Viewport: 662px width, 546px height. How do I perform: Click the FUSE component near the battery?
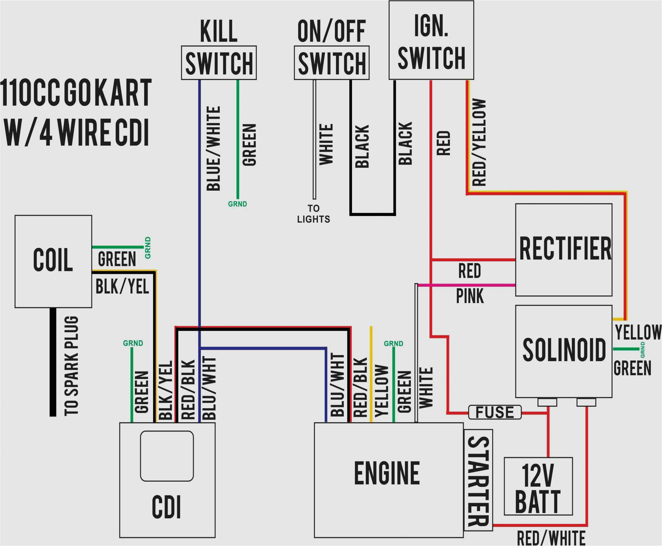(x=495, y=412)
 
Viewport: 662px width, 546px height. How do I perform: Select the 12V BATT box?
(x=538, y=486)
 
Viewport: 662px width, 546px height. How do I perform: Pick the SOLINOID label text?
(x=564, y=350)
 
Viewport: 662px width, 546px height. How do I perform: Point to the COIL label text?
(x=53, y=260)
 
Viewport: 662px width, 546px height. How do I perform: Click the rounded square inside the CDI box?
(x=167, y=456)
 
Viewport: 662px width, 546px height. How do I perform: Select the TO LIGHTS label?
(x=314, y=214)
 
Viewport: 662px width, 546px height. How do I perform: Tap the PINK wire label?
(x=470, y=296)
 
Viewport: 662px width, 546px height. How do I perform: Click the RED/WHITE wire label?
(x=551, y=538)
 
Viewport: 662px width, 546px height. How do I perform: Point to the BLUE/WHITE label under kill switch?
(x=213, y=148)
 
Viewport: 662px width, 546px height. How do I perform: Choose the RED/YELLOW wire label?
(x=479, y=142)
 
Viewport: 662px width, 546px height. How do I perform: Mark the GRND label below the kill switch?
(x=237, y=204)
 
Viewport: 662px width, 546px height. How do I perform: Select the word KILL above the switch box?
(x=219, y=31)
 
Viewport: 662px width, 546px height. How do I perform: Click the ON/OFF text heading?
(x=331, y=31)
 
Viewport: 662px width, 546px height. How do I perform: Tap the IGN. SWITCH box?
(x=431, y=40)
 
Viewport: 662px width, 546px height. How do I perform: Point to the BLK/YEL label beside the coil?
(x=122, y=287)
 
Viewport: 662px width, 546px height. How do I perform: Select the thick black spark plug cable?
(x=53, y=362)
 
